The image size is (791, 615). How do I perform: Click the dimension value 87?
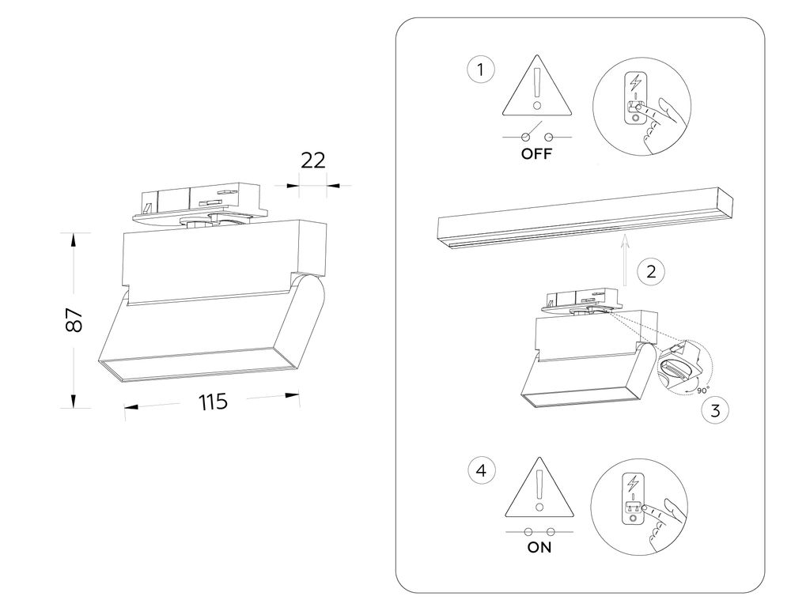(x=74, y=319)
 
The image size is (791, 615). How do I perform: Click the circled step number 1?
(x=481, y=70)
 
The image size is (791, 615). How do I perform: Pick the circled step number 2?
(x=650, y=272)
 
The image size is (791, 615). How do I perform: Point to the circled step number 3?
(x=715, y=410)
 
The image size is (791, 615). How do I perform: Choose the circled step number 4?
(x=481, y=471)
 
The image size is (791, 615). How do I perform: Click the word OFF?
(x=536, y=154)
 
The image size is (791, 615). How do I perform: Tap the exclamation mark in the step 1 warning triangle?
(x=537, y=88)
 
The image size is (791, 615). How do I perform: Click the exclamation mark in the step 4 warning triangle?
(x=538, y=489)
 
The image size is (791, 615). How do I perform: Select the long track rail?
(x=585, y=220)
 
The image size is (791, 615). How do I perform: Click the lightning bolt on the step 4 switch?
(x=633, y=481)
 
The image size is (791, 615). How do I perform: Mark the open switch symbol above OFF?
(x=536, y=134)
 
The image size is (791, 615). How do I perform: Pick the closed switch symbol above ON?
(x=537, y=529)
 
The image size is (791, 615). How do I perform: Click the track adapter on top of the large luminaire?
(x=202, y=202)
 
